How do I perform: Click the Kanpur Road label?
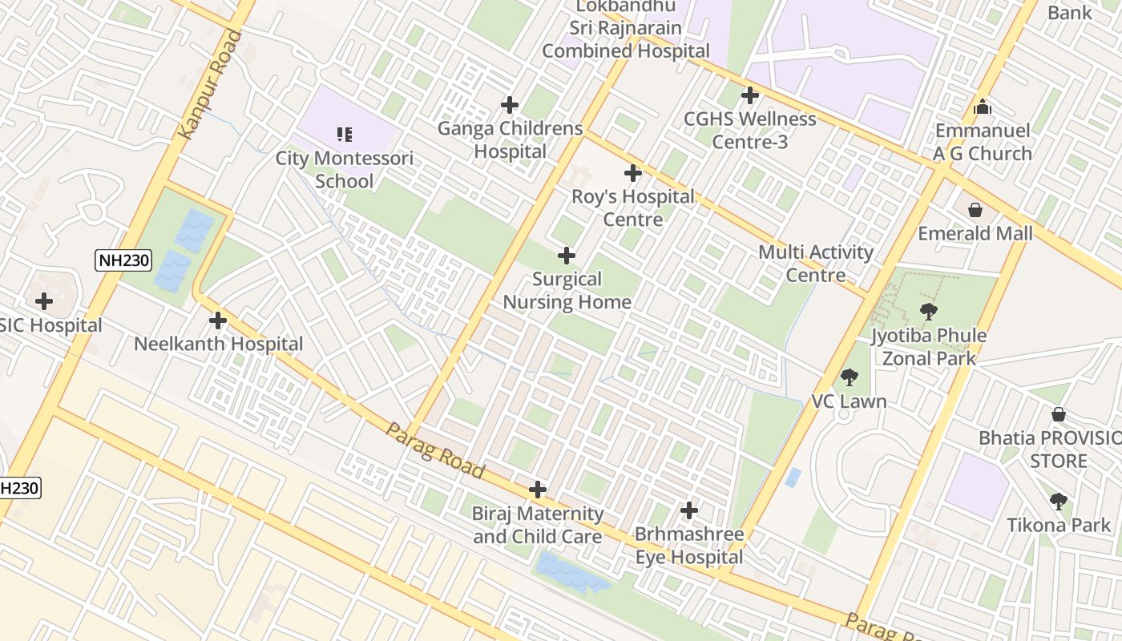tap(211, 84)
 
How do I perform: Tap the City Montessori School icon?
tap(345, 134)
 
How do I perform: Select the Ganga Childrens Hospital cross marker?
tap(510, 105)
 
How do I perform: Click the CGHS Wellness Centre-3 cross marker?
tap(750, 95)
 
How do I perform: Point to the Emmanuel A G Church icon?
tap(983, 107)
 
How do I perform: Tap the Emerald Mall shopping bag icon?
tap(975, 211)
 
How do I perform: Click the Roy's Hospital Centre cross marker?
tap(633, 173)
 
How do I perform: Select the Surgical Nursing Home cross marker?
tap(567, 256)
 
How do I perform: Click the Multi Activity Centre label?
tap(816, 264)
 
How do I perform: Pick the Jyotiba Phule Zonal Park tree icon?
tap(929, 312)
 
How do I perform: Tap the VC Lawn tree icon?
tap(850, 377)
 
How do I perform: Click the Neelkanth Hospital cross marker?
tap(218, 321)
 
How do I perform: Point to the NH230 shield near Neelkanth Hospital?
tap(123, 260)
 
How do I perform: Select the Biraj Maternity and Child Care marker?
tap(538, 490)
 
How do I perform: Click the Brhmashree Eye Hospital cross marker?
tap(689, 510)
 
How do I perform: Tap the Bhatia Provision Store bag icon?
tap(1059, 415)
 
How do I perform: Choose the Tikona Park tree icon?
tap(1059, 502)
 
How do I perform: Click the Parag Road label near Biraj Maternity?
tap(435, 450)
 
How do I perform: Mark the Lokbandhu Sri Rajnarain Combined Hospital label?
tap(626, 28)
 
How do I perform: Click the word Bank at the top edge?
tap(1070, 12)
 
